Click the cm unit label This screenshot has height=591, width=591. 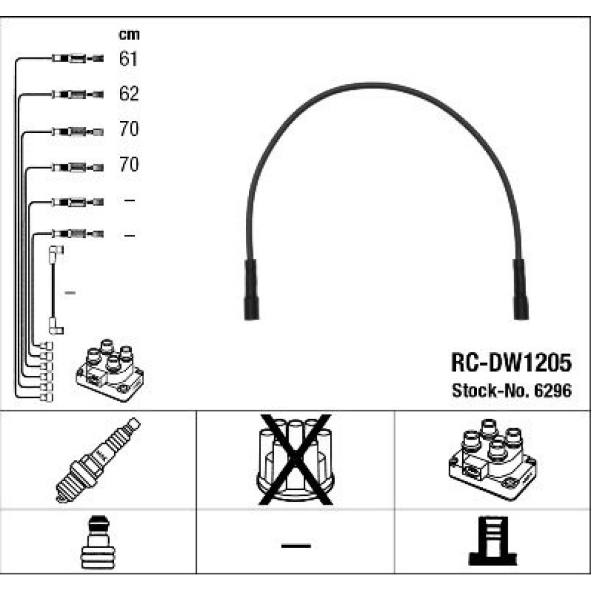129,35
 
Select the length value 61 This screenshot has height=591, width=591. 128,59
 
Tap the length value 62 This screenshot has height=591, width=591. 128,93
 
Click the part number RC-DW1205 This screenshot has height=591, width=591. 511,362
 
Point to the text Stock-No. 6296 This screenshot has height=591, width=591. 511,391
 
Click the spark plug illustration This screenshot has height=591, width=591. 98,460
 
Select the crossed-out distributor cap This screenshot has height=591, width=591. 295,459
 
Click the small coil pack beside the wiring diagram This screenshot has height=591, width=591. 110,370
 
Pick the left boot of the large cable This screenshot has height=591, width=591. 251,290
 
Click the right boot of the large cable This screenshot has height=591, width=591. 521,290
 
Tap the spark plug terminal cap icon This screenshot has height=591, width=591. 98,542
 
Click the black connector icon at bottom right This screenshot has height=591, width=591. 493,541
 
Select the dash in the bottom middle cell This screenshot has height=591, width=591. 296,545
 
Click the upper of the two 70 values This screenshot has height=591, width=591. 129,129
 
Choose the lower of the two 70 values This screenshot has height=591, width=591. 129,164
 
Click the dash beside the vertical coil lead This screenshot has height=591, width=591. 70,293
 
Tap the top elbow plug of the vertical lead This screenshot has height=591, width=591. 56,254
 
